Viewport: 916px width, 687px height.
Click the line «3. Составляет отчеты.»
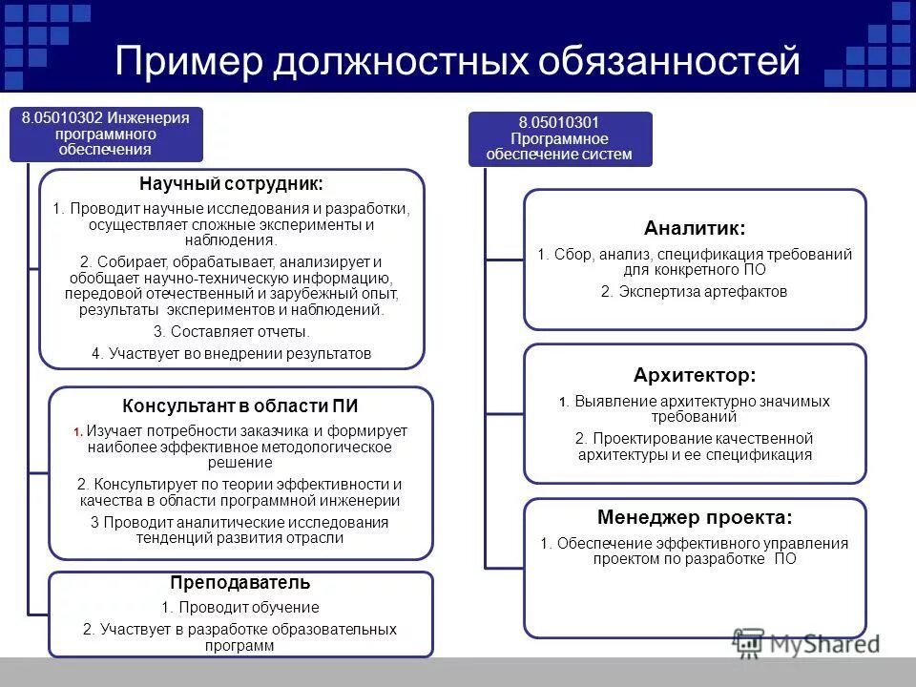point(231,332)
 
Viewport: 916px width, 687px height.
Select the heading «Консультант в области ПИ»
point(240,406)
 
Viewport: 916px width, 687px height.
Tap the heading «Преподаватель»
point(240,582)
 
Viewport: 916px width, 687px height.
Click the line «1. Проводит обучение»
point(240,607)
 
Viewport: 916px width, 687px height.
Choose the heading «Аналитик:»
point(695,228)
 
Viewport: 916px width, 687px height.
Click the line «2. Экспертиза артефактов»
point(695,291)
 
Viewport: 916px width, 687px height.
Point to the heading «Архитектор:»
point(695,375)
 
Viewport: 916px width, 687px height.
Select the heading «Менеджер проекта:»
point(695,518)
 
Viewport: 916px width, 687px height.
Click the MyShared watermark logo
point(806,643)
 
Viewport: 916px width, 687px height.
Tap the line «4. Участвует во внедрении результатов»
point(231,353)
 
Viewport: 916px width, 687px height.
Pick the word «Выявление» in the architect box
point(607,402)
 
